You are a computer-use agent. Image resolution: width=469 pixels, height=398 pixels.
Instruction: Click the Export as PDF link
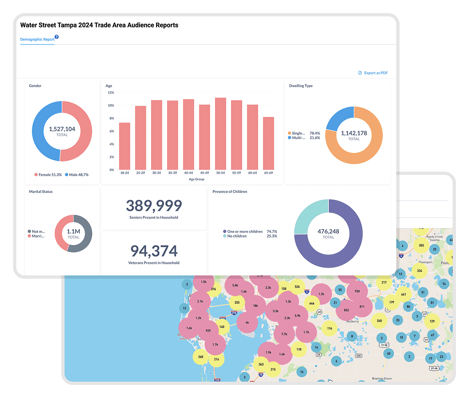tap(373, 73)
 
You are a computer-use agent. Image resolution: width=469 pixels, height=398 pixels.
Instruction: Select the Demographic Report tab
tap(37, 40)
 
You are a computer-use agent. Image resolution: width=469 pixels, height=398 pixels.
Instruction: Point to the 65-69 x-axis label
tap(268, 173)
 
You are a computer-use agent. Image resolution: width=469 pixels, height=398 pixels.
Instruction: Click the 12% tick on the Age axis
tap(111, 92)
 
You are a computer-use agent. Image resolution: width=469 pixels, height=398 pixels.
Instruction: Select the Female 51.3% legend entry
tap(48, 175)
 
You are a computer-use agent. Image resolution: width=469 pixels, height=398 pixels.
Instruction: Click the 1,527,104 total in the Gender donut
tap(62, 129)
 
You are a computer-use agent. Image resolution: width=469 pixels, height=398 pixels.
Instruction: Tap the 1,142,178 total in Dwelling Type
tap(354, 133)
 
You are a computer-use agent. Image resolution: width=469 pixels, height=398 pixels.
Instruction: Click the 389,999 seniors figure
tap(154, 206)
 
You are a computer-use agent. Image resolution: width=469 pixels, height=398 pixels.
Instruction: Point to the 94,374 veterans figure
tap(154, 251)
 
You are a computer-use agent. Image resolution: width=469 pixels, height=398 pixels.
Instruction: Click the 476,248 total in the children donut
tap(328, 231)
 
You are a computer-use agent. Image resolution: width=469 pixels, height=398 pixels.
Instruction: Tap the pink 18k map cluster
tap(255, 306)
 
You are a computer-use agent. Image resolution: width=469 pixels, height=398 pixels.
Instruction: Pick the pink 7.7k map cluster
tap(284, 334)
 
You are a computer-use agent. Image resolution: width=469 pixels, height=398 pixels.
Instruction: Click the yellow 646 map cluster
tap(312, 304)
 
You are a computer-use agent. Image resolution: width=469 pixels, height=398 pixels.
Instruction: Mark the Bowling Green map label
tap(382, 379)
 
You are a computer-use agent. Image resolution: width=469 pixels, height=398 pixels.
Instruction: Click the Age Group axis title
tap(196, 179)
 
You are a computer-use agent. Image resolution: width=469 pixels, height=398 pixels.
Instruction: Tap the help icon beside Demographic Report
tap(57, 37)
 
